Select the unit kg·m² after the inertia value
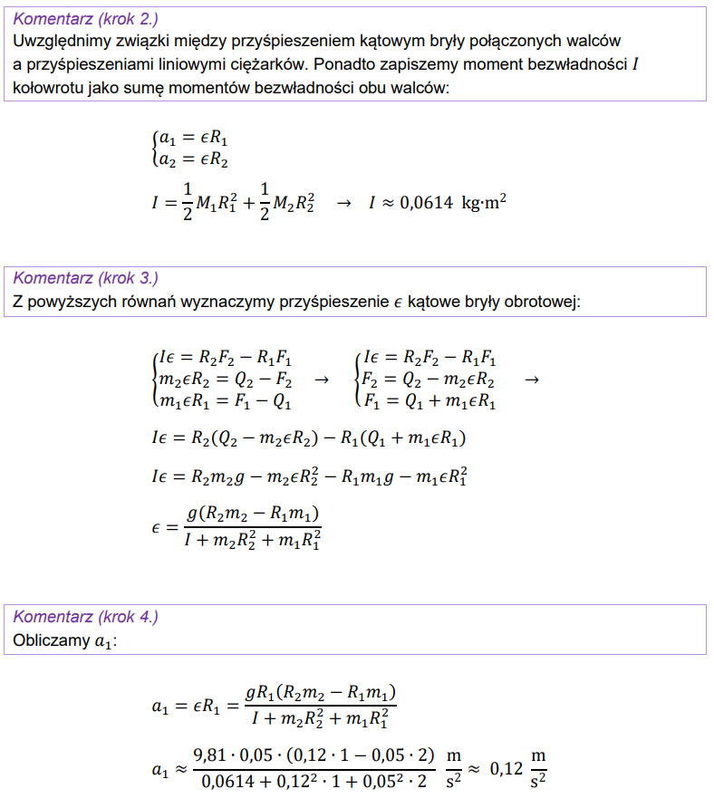click(483, 203)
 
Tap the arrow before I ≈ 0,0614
click(343, 204)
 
